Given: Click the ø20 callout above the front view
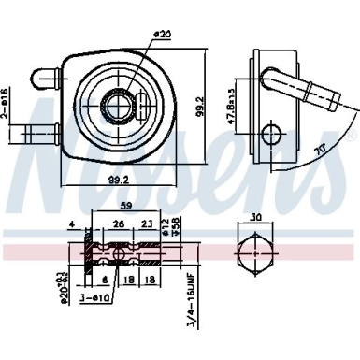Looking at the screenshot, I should coord(164,36).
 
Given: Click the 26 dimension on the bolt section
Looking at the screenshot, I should coord(119,224).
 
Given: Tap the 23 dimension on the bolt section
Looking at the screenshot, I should coord(147,224).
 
